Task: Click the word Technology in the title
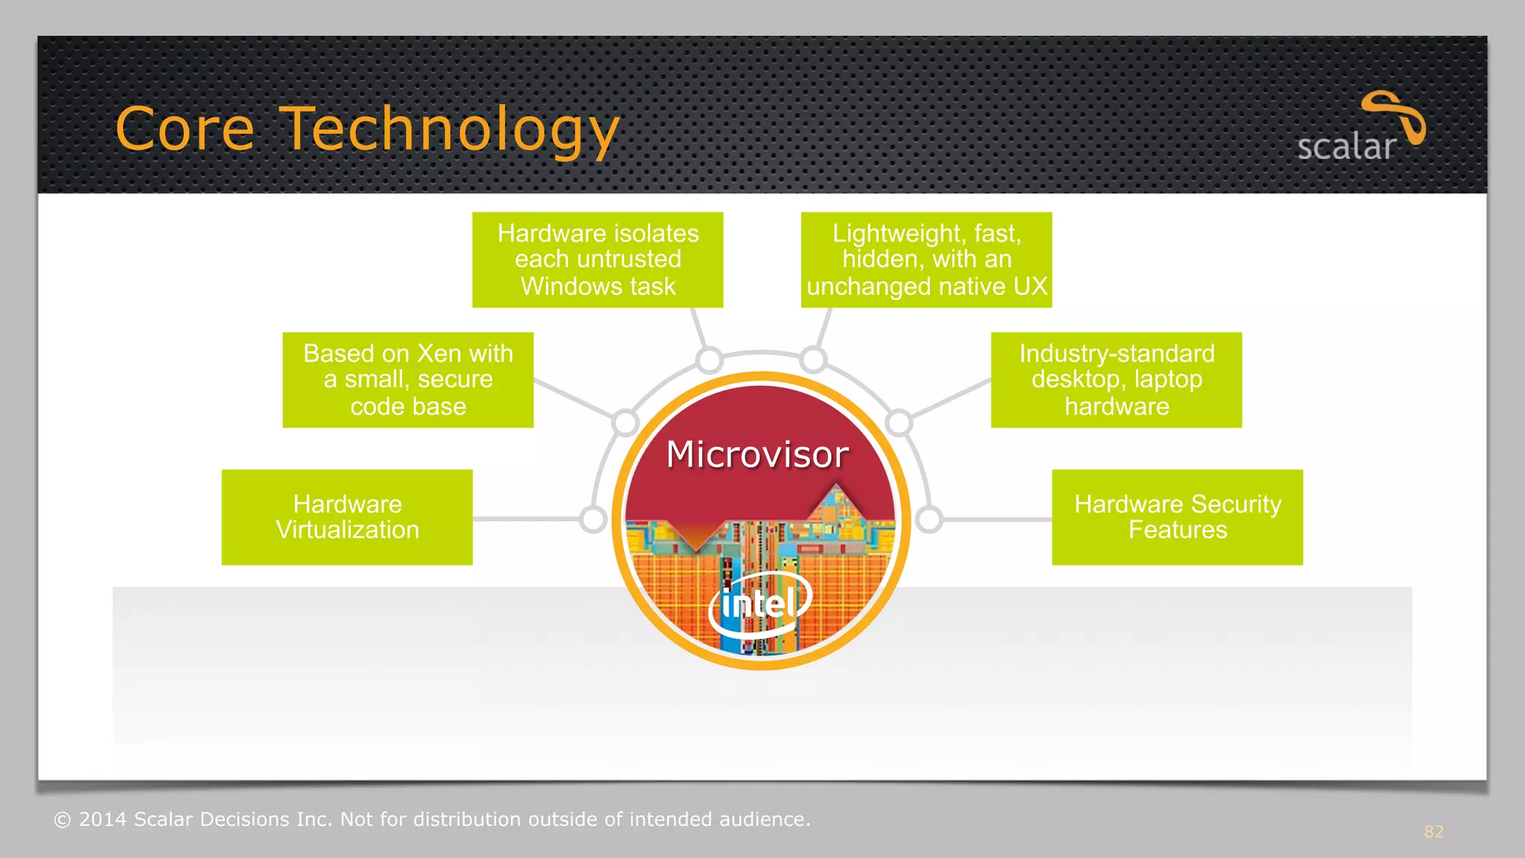(x=451, y=130)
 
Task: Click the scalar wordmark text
(x=1346, y=147)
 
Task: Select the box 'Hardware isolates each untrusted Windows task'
(x=597, y=260)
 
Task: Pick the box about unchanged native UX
(x=926, y=260)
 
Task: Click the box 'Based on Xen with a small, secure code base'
(x=408, y=380)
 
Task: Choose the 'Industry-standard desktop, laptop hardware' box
(x=1116, y=380)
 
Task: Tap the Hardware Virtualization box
(x=347, y=517)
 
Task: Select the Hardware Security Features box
(x=1177, y=517)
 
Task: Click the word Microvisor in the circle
(x=757, y=454)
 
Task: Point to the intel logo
(x=760, y=603)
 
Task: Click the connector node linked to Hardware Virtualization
(x=593, y=519)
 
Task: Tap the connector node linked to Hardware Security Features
(x=929, y=519)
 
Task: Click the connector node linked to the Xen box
(x=625, y=422)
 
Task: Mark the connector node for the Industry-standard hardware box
(x=899, y=422)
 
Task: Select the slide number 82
(x=1433, y=831)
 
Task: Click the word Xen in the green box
(x=439, y=353)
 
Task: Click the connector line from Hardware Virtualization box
(x=525, y=519)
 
